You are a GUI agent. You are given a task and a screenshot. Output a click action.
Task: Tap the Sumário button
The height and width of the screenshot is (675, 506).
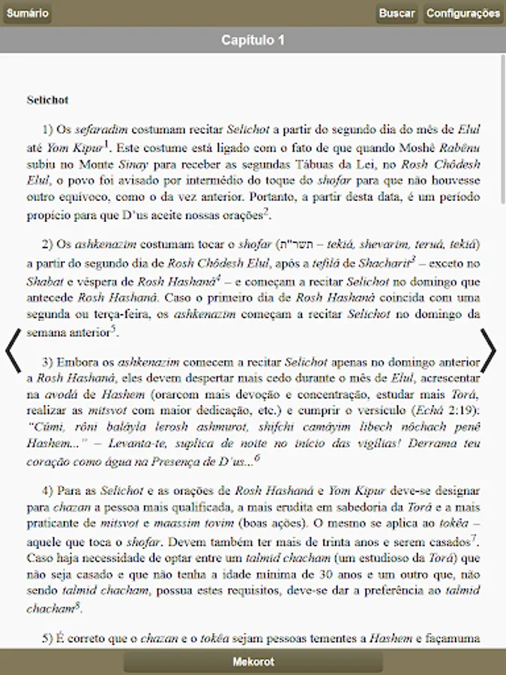click(x=27, y=13)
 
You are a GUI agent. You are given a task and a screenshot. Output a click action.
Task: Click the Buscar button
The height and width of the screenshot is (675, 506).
click(x=397, y=13)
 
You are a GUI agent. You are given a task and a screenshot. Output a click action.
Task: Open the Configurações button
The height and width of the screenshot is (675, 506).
click(x=463, y=13)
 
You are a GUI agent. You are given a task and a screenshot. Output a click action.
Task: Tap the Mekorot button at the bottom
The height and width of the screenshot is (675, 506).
click(x=253, y=661)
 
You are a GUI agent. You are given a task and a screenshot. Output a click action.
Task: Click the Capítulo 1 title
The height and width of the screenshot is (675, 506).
click(x=253, y=40)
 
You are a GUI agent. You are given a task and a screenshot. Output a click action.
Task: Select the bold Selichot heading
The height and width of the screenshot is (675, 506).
click(x=47, y=99)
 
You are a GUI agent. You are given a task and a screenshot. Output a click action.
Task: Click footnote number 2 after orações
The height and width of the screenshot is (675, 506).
click(x=266, y=211)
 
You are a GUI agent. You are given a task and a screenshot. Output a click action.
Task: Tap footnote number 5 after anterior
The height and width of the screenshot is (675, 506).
click(x=113, y=328)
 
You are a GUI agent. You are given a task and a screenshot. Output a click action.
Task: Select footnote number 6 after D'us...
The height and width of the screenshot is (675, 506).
click(x=257, y=457)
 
